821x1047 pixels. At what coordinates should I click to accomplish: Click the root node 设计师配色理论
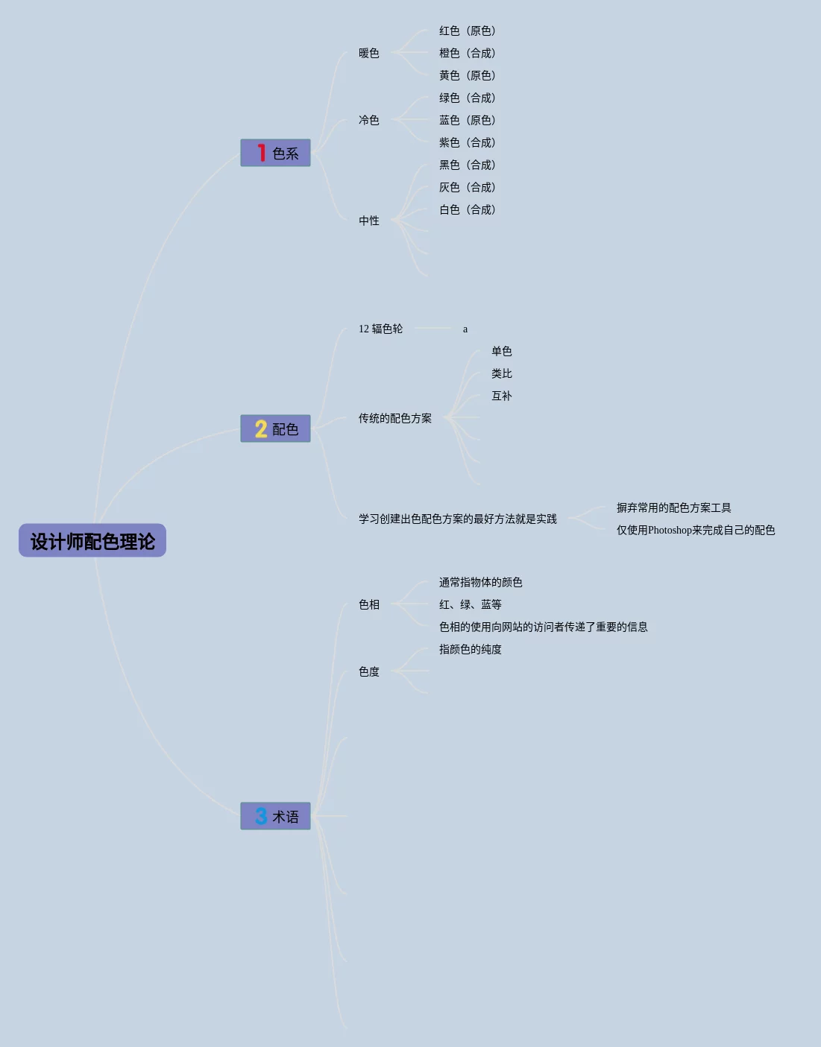pos(92,541)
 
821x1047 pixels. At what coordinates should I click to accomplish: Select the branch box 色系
pos(275,153)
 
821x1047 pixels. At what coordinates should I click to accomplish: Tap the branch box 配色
pos(275,428)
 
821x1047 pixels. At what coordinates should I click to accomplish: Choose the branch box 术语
pos(275,816)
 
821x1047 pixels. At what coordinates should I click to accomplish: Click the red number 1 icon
pos(261,153)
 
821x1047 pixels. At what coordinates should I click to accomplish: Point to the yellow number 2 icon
pos(261,428)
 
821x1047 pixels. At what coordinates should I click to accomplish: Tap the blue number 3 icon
pos(261,816)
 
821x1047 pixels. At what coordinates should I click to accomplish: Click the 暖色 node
pos(369,53)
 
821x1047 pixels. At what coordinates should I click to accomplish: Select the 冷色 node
pos(369,120)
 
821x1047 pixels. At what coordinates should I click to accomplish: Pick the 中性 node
pos(369,221)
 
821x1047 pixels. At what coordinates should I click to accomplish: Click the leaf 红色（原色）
pos(468,31)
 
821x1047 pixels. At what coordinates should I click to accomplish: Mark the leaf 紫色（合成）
pos(468,142)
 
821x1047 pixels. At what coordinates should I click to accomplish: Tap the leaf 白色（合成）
pos(468,209)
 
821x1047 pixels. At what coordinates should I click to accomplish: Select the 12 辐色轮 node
pos(380,329)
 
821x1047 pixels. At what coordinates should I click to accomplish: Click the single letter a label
pos(465,329)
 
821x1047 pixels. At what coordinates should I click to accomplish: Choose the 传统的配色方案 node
pos(395,418)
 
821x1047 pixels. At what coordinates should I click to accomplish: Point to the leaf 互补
pos(502,396)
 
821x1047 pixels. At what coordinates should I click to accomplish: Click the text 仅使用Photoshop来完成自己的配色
pos(696,530)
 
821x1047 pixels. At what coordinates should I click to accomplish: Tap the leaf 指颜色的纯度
pos(471,649)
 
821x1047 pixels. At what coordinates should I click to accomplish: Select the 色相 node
pos(369,604)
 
